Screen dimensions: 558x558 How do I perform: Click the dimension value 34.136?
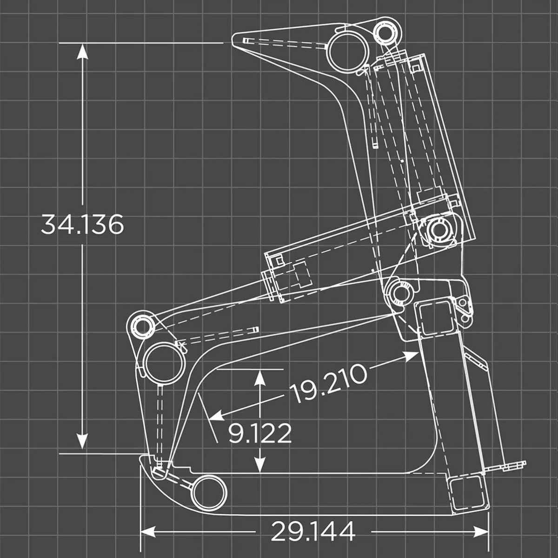pyautogui.click(x=82, y=225)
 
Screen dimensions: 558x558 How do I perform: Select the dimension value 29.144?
pyautogui.click(x=312, y=531)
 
